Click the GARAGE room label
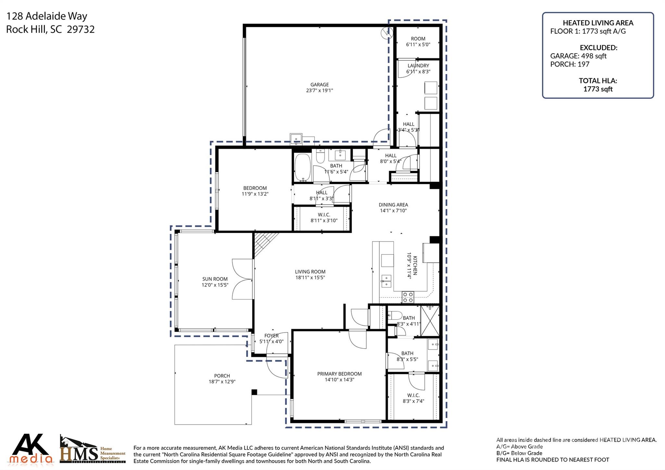click(x=319, y=84)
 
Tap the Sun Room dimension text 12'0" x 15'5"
click(x=215, y=285)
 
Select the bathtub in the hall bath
click(x=302, y=167)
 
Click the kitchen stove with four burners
click(x=408, y=297)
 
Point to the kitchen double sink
click(x=386, y=281)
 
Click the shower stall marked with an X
click(x=430, y=321)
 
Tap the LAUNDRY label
click(x=418, y=66)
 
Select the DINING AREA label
click(x=393, y=205)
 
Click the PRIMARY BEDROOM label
click(x=339, y=374)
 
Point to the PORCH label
click(x=222, y=376)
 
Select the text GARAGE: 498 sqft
click(x=578, y=56)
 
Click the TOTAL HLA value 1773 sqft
click(x=598, y=89)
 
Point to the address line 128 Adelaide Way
click(x=47, y=16)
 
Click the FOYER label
click(x=271, y=336)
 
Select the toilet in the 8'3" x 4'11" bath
click(x=395, y=315)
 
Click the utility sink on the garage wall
click(x=296, y=139)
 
